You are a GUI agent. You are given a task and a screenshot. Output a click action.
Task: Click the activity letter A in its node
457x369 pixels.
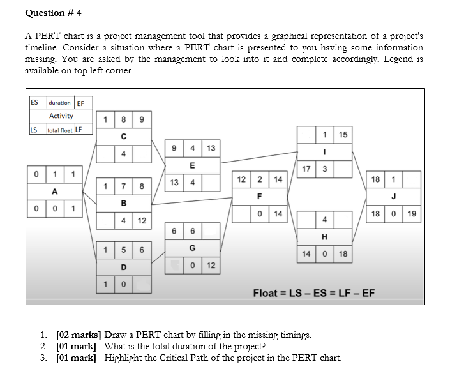tap(54, 191)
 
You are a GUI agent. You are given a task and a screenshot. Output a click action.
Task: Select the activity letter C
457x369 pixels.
tap(123, 136)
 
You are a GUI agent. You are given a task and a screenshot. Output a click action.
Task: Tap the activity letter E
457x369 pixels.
tap(192, 165)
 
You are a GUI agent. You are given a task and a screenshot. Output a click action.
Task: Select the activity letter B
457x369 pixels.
tap(123, 203)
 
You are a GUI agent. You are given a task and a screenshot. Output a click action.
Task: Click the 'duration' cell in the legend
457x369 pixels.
tap(59, 103)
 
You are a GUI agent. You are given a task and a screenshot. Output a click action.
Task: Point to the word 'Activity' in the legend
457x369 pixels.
tap(61, 116)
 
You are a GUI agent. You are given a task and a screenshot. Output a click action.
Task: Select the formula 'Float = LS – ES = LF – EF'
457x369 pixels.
tap(314, 293)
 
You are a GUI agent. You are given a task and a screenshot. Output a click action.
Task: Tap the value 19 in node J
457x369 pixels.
tap(412, 213)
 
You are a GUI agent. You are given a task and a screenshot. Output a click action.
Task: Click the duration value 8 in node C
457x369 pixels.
tap(123, 119)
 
